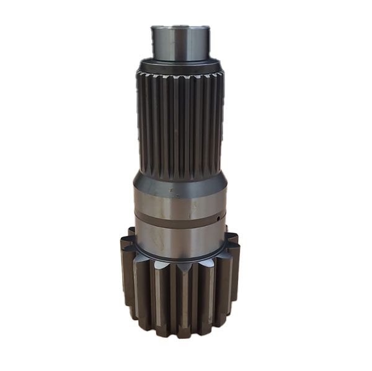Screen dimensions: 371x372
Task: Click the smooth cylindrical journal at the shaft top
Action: pos(180,43)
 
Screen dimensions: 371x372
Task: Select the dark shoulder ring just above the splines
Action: pos(180,64)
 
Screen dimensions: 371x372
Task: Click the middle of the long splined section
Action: pos(180,124)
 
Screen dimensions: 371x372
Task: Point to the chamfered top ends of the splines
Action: pos(180,78)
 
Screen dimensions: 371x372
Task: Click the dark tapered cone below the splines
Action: pos(180,180)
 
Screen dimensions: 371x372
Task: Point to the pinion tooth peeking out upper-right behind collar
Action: pos(231,239)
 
